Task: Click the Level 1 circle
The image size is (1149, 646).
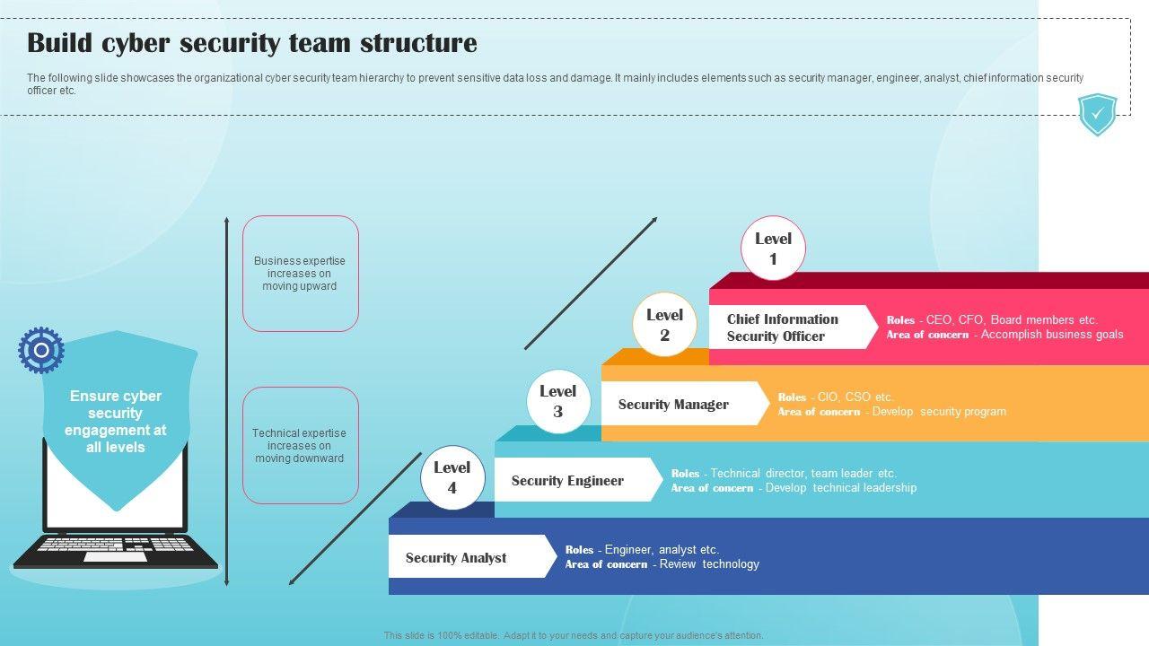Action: point(773,249)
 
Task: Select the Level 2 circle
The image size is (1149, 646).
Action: point(664,325)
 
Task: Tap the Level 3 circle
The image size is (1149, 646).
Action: point(557,401)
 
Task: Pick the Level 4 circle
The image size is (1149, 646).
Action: point(452,477)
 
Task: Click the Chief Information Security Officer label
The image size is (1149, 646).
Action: point(783,327)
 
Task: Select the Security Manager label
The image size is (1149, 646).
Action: point(673,404)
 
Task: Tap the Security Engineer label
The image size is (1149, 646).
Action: point(567,480)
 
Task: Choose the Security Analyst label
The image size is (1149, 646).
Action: point(456,557)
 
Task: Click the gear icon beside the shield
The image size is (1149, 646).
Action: point(41,350)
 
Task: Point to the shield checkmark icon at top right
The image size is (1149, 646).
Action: point(1097,114)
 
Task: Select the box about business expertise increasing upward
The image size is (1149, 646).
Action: point(300,274)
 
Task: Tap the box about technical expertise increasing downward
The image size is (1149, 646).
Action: point(300,445)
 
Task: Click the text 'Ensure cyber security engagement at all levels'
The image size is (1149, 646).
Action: point(116,421)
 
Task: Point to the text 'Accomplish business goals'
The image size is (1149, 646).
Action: point(1052,335)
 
